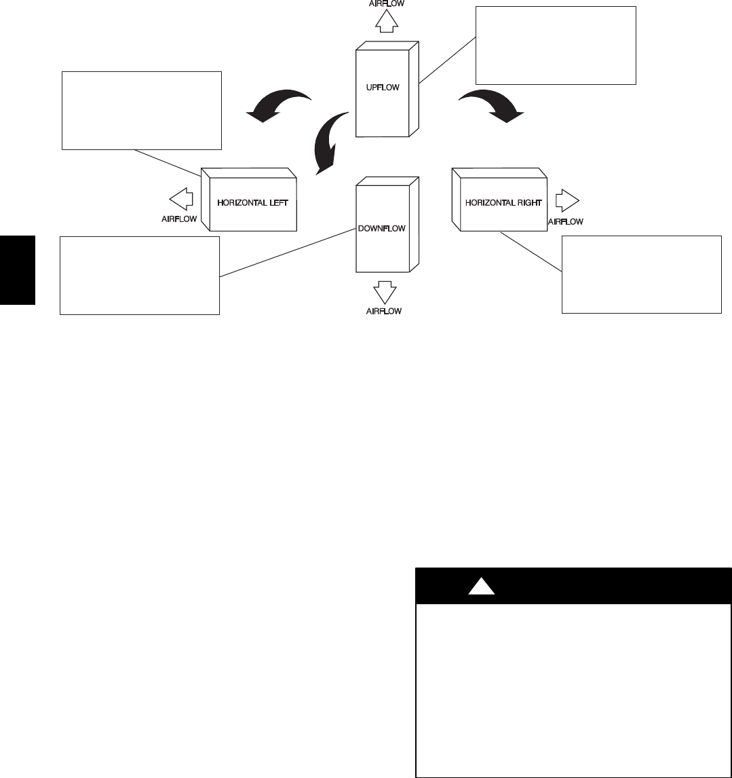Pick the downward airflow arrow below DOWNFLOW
pyautogui.click(x=385, y=293)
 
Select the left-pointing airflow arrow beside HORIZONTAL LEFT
pyautogui.click(x=181, y=200)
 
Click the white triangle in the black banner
pyautogui.click(x=481, y=586)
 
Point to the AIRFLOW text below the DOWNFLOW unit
pyautogui.click(x=385, y=311)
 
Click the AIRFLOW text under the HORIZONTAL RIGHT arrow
pyautogui.click(x=565, y=221)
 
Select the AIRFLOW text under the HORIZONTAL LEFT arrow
pyautogui.click(x=179, y=219)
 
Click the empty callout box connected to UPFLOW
pyautogui.click(x=556, y=45)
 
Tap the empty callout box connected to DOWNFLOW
pyautogui.click(x=140, y=275)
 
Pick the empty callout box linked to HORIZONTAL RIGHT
pyautogui.click(x=641, y=274)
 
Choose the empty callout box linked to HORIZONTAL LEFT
pyautogui.click(x=142, y=110)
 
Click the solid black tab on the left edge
pyautogui.click(x=17, y=270)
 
